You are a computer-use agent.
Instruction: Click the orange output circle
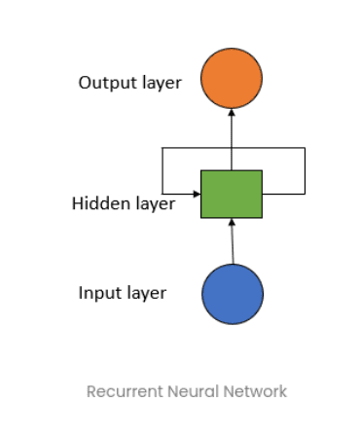tap(232, 80)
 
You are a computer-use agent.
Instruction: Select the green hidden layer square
tap(232, 194)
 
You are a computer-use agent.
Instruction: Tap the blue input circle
tap(233, 293)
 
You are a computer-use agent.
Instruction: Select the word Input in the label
tap(98, 293)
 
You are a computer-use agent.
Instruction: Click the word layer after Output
tap(160, 83)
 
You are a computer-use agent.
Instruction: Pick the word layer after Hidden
tap(154, 204)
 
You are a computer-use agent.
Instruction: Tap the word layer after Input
tap(144, 293)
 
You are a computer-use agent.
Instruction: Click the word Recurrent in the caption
tap(121, 391)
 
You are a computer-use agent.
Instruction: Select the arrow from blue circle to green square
tap(233, 243)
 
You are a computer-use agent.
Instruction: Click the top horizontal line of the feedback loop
tap(234, 149)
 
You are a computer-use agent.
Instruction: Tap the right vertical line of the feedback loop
tap(306, 170)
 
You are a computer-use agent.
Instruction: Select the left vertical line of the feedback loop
tap(162, 170)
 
